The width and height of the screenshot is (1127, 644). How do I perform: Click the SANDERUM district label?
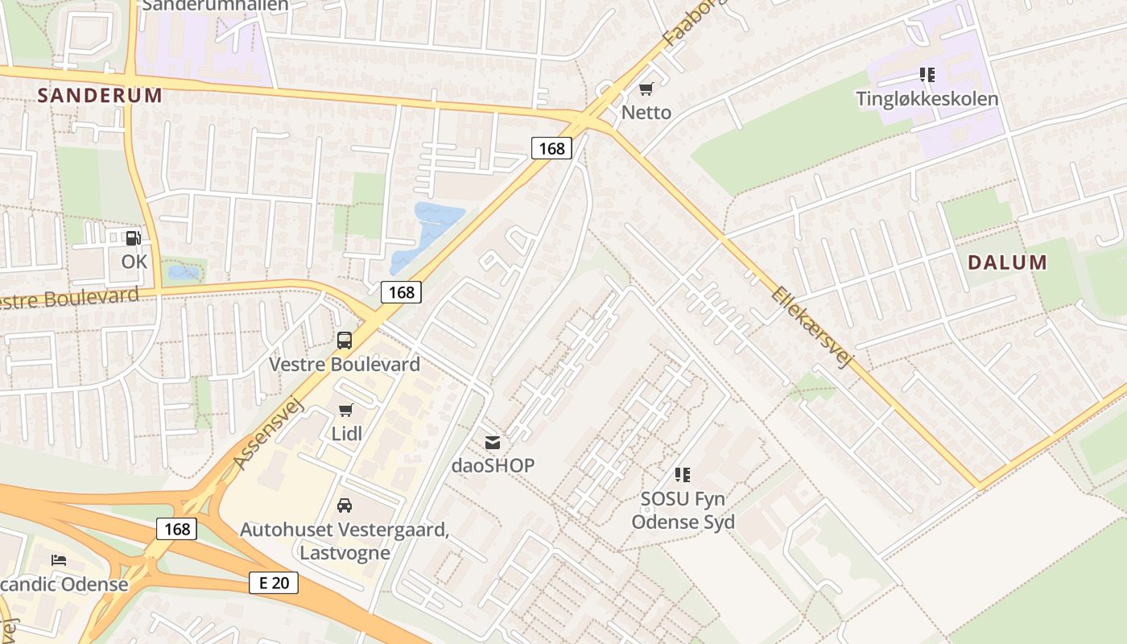click(x=100, y=95)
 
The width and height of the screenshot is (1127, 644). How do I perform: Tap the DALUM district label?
click(x=1007, y=262)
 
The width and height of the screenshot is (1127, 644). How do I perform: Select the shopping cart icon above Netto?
click(x=646, y=89)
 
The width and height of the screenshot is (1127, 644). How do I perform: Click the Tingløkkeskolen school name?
click(x=927, y=99)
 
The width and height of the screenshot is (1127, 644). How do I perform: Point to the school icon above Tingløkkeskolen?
click(x=927, y=75)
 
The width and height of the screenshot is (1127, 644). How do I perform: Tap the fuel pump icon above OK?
click(x=134, y=237)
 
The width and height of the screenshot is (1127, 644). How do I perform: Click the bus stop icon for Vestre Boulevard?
click(x=345, y=340)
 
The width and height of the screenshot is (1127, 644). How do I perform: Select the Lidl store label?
click(x=346, y=434)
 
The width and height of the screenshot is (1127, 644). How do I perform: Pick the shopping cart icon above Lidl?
click(x=346, y=410)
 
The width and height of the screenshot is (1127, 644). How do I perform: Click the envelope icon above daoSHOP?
click(x=493, y=442)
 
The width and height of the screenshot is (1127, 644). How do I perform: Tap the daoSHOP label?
click(x=493, y=465)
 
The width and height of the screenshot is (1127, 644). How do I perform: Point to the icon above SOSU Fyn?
click(x=683, y=475)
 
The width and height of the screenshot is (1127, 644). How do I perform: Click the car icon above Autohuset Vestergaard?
click(x=345, y=506)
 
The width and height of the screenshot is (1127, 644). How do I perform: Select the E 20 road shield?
click(x=274, y=583)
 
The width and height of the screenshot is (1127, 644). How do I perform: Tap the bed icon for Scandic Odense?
click(x=59, y=560)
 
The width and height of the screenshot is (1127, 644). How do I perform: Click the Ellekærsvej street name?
click(x=811, y=327)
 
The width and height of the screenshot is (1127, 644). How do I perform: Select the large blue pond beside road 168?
click(x=431, y=229)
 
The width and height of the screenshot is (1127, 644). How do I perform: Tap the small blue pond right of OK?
click(x=184, y=273)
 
